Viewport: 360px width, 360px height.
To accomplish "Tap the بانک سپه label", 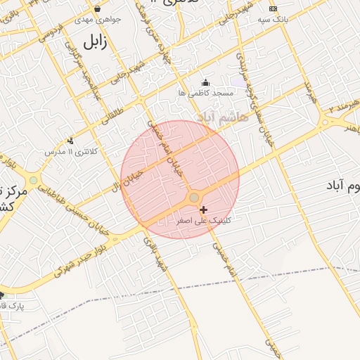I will (x=274, y=20).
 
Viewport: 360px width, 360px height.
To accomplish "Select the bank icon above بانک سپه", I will (x=274, y=8).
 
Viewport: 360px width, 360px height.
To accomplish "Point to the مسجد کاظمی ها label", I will (x=205, y=93).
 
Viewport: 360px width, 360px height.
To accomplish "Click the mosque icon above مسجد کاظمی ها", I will (x=205, y=82).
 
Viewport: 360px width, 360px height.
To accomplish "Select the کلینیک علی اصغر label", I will (x=205, y=220).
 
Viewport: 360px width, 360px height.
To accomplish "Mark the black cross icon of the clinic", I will (x=204, y=210).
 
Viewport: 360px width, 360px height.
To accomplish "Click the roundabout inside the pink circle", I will (x=194, y=198).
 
